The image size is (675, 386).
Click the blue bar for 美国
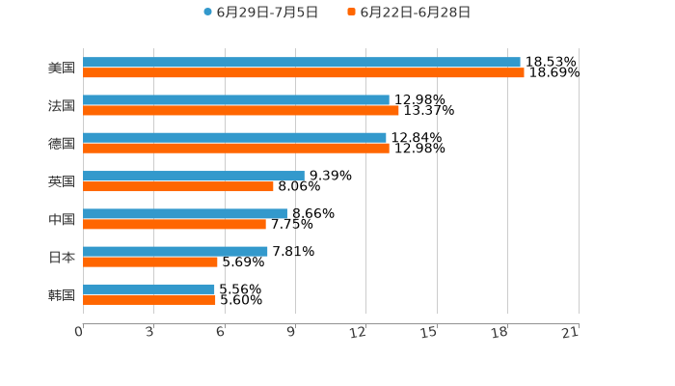click(x=301, y=62)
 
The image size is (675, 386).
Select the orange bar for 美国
click(x=303, y=72)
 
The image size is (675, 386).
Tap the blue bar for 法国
click(x=236, y=99)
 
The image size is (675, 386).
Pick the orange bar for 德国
click(x=236, y=149)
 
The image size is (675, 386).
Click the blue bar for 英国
click(x=193, y=176)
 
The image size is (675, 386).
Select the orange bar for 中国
click(x=175, y=224)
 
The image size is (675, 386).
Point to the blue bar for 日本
click(x=175, y=251)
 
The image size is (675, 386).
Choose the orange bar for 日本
click(x=150, y=262)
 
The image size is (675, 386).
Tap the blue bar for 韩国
click(x=148, y=289)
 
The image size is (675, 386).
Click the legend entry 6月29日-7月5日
click(x=260, y=13)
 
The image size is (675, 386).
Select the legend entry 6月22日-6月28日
click(x=409, y=13)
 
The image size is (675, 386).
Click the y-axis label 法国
click(x=62, y=105)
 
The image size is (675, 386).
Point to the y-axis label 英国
click(x=62, y=181)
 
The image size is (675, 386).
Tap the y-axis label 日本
click(x=62, y=257)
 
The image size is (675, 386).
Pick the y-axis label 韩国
click(x=62, y=294)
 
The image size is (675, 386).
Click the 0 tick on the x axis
click(x=80, y=332)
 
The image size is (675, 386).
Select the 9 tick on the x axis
click(x=292, y=332)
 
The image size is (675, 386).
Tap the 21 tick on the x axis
click(x=572, y=332)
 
